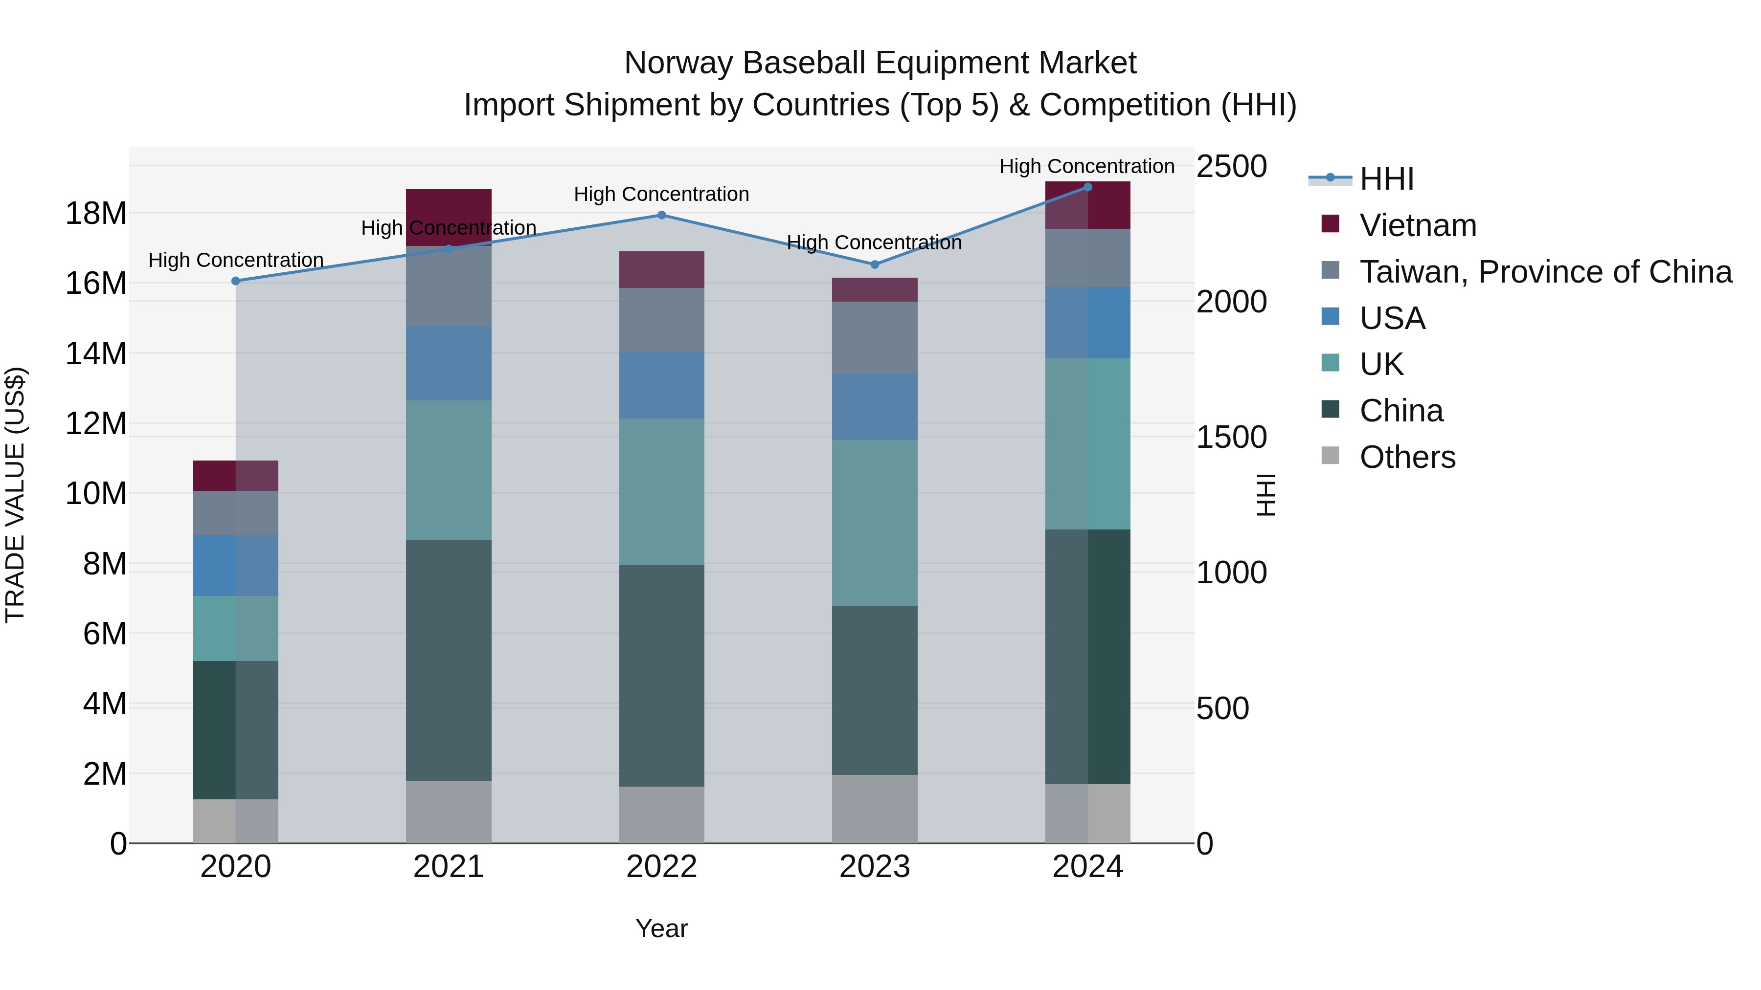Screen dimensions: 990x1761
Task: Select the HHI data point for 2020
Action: [236, 281]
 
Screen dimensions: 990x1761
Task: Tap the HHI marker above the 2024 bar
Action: [1087, 187]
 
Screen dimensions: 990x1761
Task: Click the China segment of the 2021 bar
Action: [449, 660]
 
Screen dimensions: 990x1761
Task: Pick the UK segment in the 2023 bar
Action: [874, 523]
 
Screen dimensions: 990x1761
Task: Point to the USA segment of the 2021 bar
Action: [449, 363]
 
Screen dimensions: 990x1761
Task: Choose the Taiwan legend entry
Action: [1545, 272]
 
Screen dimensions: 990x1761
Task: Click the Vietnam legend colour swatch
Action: [1331, 224]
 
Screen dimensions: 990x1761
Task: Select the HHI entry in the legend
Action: [1386, 179]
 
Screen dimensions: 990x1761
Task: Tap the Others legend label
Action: [1407, 457]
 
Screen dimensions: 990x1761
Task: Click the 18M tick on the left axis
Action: [96, 214]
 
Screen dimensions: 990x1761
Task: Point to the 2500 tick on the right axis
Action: [1231, 167]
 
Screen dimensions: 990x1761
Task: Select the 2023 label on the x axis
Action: [874, 867]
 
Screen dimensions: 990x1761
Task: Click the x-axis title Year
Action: [661, 928]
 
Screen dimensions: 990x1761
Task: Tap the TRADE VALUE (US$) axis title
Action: [16, 495]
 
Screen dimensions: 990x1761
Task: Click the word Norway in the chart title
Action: [677, 64]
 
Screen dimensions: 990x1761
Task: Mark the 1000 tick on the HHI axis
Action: [1231, 572]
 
